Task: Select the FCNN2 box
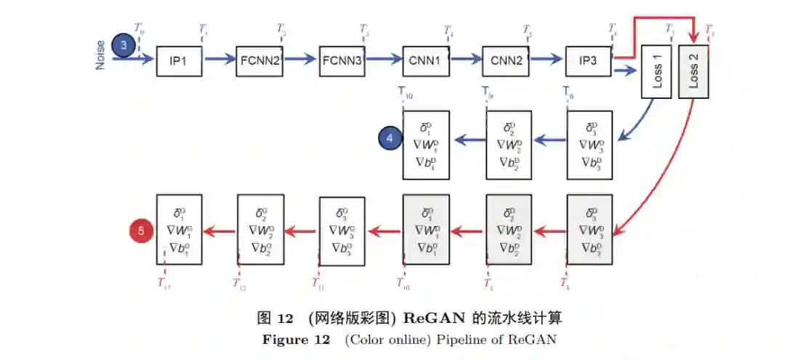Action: point(260,61)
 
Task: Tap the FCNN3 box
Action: point(342,61)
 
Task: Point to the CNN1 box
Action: point(425,61)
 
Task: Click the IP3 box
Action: point(589,61)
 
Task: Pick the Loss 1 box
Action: point(656,71)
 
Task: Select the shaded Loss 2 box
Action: point(693,71)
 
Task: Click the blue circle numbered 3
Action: point(124,46)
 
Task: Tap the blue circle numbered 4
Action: point(390,137)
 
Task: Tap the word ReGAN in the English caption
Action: point(533,340)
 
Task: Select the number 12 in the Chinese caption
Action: point(286,319)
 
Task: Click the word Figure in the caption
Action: point(284,340)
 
